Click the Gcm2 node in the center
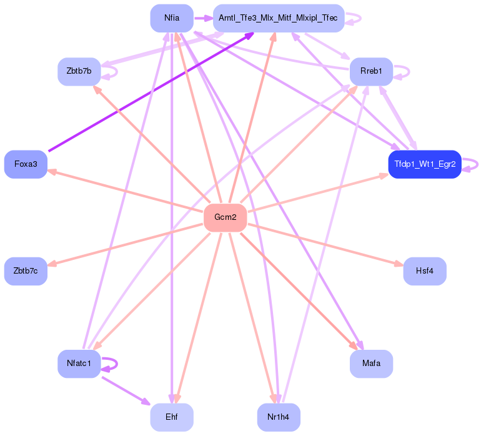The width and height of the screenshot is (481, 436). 225,217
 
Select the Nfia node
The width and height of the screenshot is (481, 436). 172,18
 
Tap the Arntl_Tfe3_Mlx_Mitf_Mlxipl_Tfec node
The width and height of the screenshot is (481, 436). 278,18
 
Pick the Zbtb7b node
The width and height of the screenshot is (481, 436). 79,71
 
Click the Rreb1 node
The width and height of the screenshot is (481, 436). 371,71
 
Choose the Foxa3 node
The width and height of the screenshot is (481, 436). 26,164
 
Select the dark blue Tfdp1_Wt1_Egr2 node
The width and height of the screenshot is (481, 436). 424,164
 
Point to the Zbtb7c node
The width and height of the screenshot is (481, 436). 26,271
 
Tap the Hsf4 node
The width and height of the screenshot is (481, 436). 424,271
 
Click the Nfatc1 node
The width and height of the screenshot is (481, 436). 79,364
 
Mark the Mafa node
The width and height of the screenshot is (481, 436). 371,364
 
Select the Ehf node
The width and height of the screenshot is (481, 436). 172,417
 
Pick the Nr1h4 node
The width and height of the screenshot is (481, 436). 278,417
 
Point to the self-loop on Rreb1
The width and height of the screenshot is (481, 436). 407,71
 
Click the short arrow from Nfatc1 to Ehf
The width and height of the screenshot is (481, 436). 126,390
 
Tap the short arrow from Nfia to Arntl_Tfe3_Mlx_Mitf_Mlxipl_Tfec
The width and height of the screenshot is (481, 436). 203,18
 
